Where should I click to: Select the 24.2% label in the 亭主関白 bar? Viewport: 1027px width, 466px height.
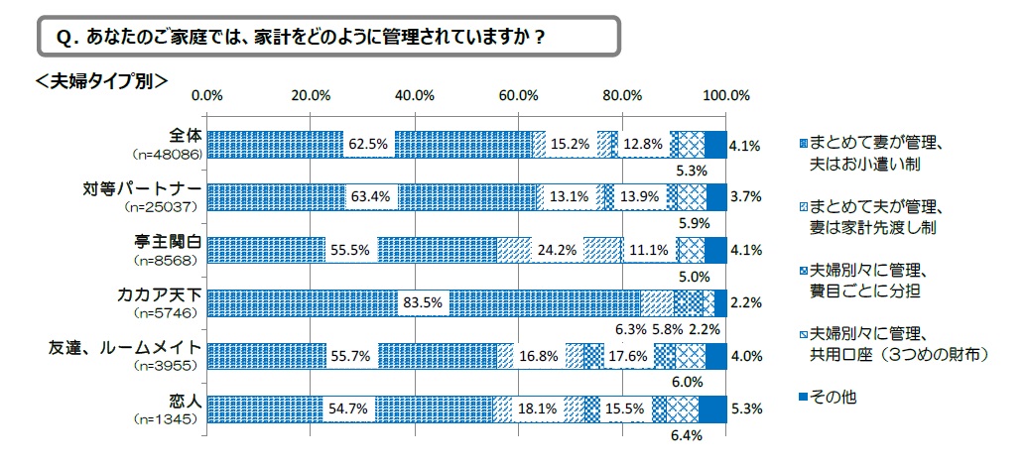[558, 250]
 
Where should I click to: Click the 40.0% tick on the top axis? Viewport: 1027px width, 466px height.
[414, 95]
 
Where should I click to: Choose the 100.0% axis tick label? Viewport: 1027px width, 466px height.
[725, 95]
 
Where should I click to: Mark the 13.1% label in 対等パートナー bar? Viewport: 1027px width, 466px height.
[570, 197]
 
